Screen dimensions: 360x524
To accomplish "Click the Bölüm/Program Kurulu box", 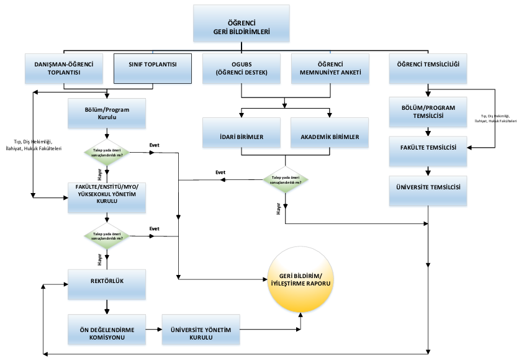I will click(x=107, y=112).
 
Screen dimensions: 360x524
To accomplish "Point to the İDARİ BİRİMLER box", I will click(x=242, y=137).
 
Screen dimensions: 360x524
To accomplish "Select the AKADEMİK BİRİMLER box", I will click(x=330, y=137).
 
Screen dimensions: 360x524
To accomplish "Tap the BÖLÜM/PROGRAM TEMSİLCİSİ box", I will click(x=428, y=112).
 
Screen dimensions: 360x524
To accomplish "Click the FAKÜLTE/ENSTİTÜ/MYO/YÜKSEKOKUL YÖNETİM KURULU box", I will click(x=107, y=197).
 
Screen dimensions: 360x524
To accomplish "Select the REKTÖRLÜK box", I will click(x=107, y=284).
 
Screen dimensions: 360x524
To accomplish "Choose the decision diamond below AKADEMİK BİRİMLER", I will click(x=286, y=179).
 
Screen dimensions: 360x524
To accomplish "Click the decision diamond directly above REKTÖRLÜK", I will click(x=107, y=236).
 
